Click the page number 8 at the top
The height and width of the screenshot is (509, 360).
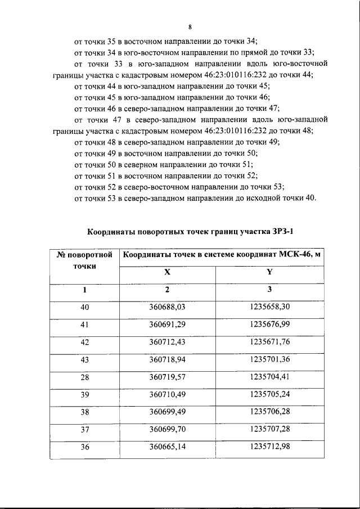(x=190, y=26)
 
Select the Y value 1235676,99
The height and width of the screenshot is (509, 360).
(x=269, y=324)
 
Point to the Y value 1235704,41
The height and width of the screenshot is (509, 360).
(x=269, y=377)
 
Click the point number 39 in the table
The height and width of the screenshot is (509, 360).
(x=85, y=395)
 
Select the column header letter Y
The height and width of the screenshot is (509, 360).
(x=269, y=272)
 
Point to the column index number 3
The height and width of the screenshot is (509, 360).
(x=269, y=290)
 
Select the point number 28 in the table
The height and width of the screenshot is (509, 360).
(x=85, y=377)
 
